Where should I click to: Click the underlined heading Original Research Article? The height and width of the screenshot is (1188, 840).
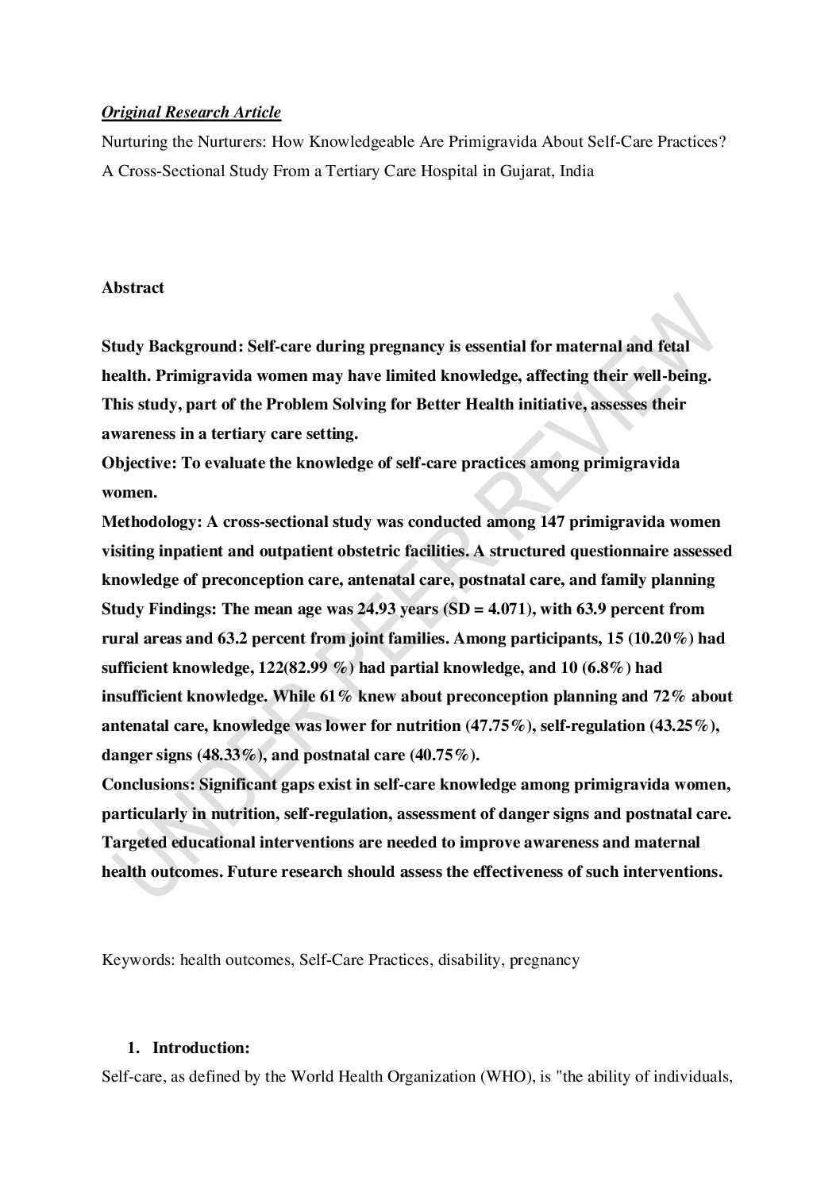(x=191, y=113)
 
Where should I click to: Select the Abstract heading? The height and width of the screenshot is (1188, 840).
(x=133, y=288)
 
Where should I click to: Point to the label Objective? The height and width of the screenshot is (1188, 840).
(x=140, y=463)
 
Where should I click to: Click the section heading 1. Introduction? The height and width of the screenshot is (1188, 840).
(x=189, y=1048)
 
